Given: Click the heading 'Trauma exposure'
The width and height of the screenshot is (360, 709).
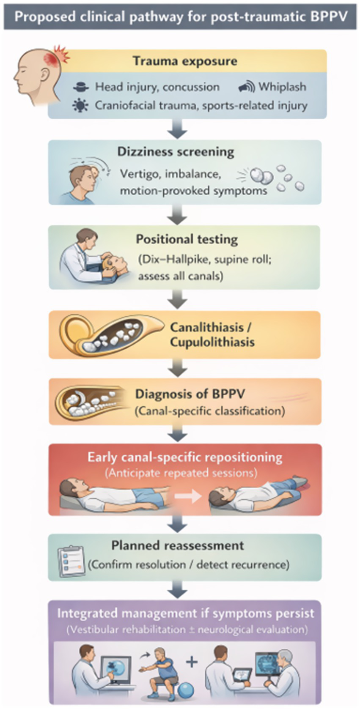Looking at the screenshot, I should click(x=185, y=61).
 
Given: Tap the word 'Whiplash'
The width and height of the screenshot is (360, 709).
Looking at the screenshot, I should click(x=282, y=87).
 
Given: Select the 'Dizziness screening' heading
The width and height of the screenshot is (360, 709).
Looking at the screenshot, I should click(x=176, y=152).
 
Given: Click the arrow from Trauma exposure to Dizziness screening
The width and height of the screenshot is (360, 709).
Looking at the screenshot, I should click(x=177, y=129).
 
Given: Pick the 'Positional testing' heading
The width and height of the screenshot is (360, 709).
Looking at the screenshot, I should click(x=187, y=239).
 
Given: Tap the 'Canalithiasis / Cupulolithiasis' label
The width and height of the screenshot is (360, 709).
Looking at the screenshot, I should click(x=212, y=334).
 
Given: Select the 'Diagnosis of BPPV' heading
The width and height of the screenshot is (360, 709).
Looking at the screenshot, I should click(x=190, y=394).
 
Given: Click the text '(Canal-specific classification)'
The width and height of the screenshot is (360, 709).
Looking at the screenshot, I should click(x=210, y=411).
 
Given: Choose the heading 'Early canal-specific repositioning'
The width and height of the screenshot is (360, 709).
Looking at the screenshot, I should click(x=185, y=457).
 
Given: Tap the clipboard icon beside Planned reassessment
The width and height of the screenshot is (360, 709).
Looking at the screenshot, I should click(x=71, y=561).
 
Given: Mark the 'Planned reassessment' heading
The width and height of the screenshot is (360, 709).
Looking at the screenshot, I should click(x=178, y=545).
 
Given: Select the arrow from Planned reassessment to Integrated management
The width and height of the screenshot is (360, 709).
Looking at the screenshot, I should click(x=177, y=589).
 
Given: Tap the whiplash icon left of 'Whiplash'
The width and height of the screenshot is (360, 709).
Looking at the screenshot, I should click(x=246, y=87).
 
